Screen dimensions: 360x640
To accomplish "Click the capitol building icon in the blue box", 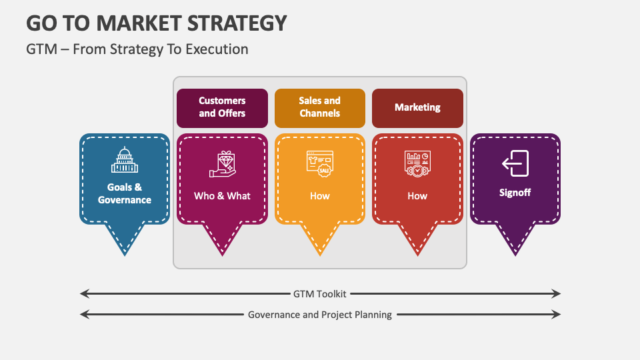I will (125, 161).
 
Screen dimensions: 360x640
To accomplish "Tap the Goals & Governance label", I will (125, 193).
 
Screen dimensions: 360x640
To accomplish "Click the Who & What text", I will (222, 196).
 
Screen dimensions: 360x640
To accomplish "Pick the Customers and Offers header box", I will (222, 107).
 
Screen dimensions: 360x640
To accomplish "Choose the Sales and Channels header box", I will (320, 107).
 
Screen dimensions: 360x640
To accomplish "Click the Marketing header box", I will (417, 107).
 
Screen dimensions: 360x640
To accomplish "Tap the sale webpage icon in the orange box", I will (320, 163).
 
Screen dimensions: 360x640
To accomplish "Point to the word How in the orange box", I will (320, 196).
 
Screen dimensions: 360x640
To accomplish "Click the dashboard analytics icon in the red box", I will (417, 163).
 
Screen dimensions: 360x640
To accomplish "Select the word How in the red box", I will (417, 196).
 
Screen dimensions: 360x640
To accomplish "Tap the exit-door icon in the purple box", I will (515, 163).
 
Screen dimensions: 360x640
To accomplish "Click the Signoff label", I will (515, 193).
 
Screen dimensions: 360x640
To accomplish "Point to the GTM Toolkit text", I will (320, 293).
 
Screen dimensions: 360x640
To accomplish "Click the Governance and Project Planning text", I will (320, 315).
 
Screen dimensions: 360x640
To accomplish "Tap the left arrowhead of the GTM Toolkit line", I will (83, 293).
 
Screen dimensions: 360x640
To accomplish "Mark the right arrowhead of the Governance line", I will (558, 315).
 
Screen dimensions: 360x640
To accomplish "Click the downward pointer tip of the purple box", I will (515, 254).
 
